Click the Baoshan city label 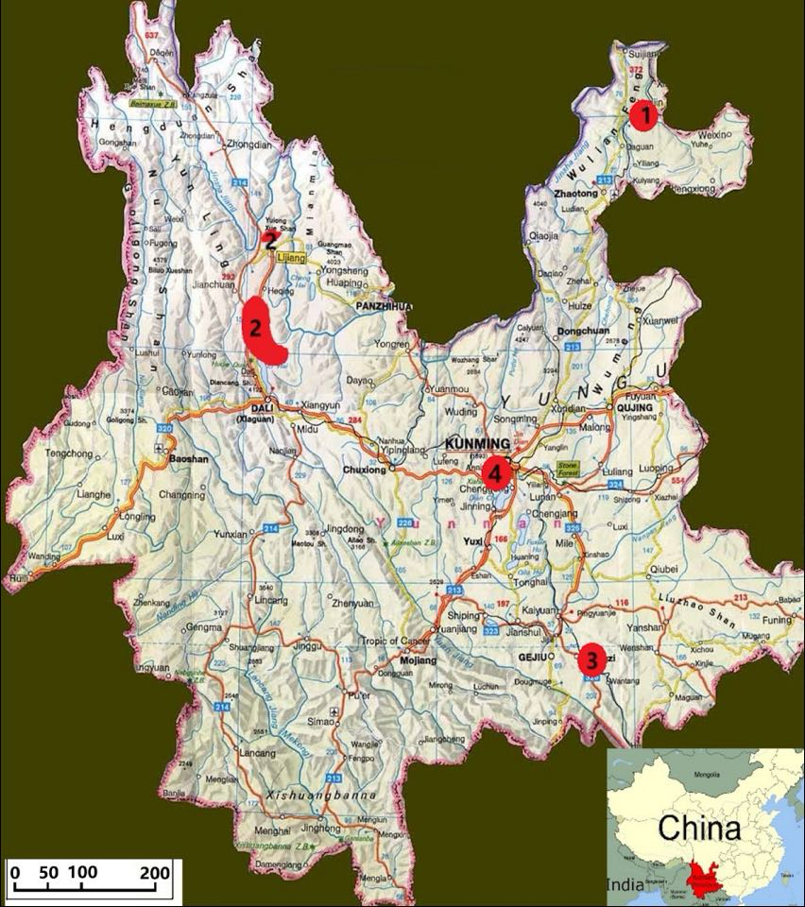click(x=190, y=457)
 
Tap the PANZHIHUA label click(x=385, y=306)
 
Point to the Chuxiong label click(x=364, y=469)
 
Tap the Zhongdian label click(x=249, y=145)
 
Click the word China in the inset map click(x=699, y=829)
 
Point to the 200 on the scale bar click(x=155, y=872)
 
